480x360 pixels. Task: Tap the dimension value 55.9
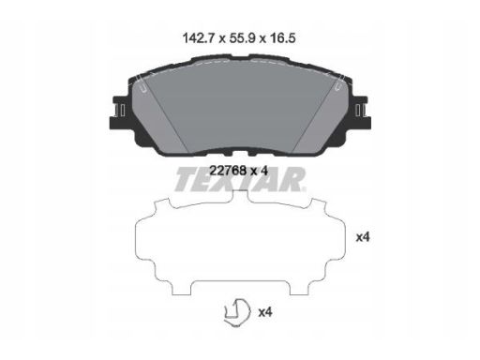pos(243,38)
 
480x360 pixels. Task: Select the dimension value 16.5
pos(282,38)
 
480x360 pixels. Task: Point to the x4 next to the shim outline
pos(363,237)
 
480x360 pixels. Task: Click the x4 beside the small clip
pos(265,312)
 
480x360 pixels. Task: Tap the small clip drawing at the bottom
pos(237,312)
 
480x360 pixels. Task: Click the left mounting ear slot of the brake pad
pos(120,111)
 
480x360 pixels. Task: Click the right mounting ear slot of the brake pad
pos(360,111)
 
